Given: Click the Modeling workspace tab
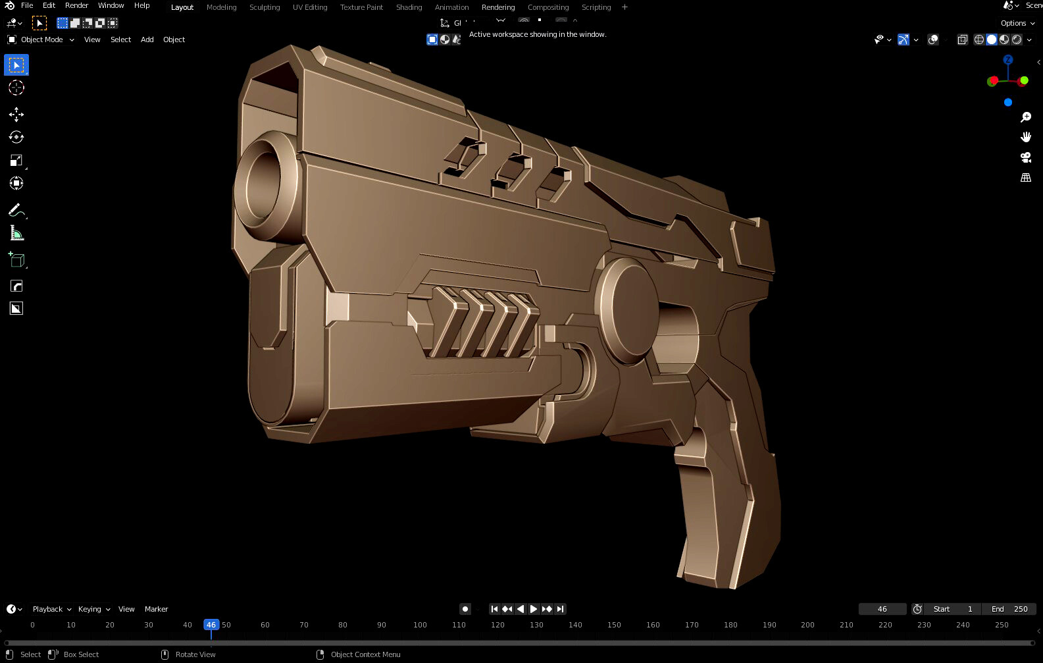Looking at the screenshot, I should pos(221,7).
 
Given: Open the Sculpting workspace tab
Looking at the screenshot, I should pos(265,7).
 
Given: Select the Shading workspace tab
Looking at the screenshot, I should pos(409,7).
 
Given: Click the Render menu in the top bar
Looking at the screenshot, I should pos(76,5).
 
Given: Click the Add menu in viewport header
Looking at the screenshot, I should pos(147,40).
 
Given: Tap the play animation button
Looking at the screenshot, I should pos(534,609).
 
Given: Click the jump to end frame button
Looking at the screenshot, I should pos(560,609).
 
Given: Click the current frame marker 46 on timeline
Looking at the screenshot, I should pos(211,625).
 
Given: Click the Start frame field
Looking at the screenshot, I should pos(952,609).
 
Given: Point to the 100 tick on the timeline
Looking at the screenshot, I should pos(420,625).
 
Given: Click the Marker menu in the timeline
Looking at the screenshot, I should pos(156,609).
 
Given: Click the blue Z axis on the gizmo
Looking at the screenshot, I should pos(1007,60).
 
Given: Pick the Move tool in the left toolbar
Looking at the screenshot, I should pos(16,115).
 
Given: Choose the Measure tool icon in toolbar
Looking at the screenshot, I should pos(16,233).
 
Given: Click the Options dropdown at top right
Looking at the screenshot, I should pos(1017,23).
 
